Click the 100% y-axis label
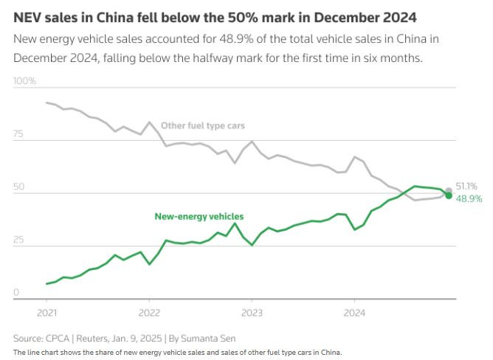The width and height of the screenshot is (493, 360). click(x=24, y=80)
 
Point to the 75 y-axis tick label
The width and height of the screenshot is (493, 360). click(x=18, y=134)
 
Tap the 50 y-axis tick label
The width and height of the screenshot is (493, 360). click(x=18, y=187)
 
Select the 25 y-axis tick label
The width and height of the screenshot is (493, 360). click(x=18, y=240)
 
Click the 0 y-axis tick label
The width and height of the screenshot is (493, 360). click(x=16, y=293)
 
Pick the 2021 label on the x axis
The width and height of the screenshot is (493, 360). click(x=46, y=311)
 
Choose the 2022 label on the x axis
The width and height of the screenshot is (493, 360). click(x=149, y=311)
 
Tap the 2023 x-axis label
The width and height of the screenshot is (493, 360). click(x=252, y=311)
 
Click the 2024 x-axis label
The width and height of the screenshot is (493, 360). click(x=354, y=311)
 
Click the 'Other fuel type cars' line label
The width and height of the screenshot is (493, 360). click(x=203, y=126)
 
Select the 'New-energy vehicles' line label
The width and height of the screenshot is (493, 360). click(x=199, y=216)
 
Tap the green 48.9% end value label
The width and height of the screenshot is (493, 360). click(x=469, y=198)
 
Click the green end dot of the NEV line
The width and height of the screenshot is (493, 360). click(x=449, y=195)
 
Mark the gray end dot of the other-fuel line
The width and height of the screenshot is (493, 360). click(x=449, y=191)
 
